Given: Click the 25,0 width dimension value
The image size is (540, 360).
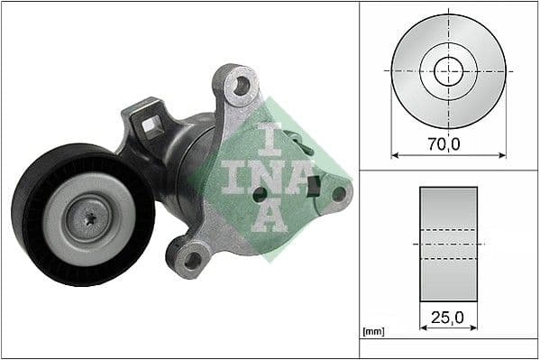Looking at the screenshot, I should (x=448, y=317).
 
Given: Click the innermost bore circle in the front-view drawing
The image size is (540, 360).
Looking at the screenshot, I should (x=448, y=70).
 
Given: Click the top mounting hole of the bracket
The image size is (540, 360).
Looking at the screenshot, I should (x=241, y=87).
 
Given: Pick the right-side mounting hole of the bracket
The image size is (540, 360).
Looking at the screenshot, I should (x=339, y=192).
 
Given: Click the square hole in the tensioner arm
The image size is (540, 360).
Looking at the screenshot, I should (x=153, y=125).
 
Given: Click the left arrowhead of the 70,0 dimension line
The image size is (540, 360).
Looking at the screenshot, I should (x=394, y=155).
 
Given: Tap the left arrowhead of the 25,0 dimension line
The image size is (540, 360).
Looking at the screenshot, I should (x=423, y=330).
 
